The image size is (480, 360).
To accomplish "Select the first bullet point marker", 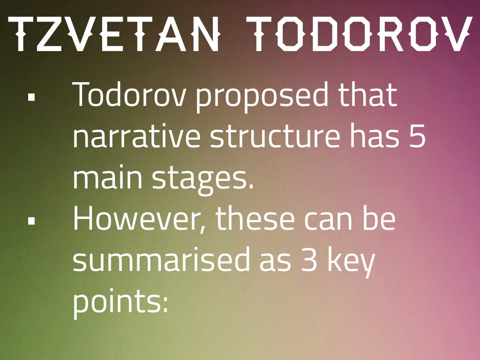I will click(x=32, y=98).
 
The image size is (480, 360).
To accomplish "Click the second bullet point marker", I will click(x=32, y=221).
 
